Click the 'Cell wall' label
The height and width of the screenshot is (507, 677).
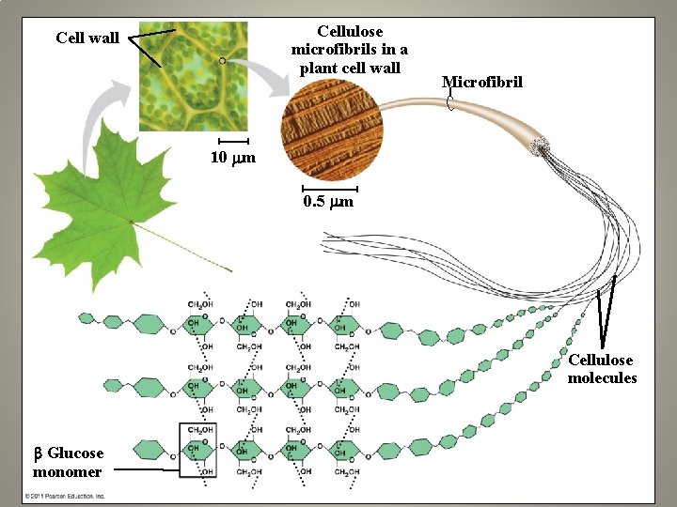click(x=87, y=38)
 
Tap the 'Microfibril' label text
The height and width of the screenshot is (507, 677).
click(x=481, y=83)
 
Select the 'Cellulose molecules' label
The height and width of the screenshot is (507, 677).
click(x=602, y=369)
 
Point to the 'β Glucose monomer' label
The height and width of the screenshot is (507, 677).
click(x=68, y=462)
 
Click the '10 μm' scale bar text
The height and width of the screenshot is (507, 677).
click(x=231, y=158)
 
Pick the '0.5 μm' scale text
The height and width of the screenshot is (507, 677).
click(x=328, y=202)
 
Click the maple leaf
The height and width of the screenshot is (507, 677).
click(x=94, y=197)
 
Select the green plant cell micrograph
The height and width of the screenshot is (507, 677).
click(x=195, y=75)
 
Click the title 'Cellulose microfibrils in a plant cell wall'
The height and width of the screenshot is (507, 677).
click(x=350, y=50)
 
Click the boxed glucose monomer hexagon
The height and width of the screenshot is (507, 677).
click(x=197, y=450)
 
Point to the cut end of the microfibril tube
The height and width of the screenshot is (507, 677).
click(x=540, y=146)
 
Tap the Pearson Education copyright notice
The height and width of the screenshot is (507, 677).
click(x=66, y=496)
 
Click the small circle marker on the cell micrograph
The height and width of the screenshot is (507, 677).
click(x=223, y=60)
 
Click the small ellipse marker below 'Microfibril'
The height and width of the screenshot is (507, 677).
click(x=450, y=102)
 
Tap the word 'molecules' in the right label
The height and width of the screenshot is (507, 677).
click(x=602, y=378)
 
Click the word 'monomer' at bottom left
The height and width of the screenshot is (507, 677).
click(x=68, y=471)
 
